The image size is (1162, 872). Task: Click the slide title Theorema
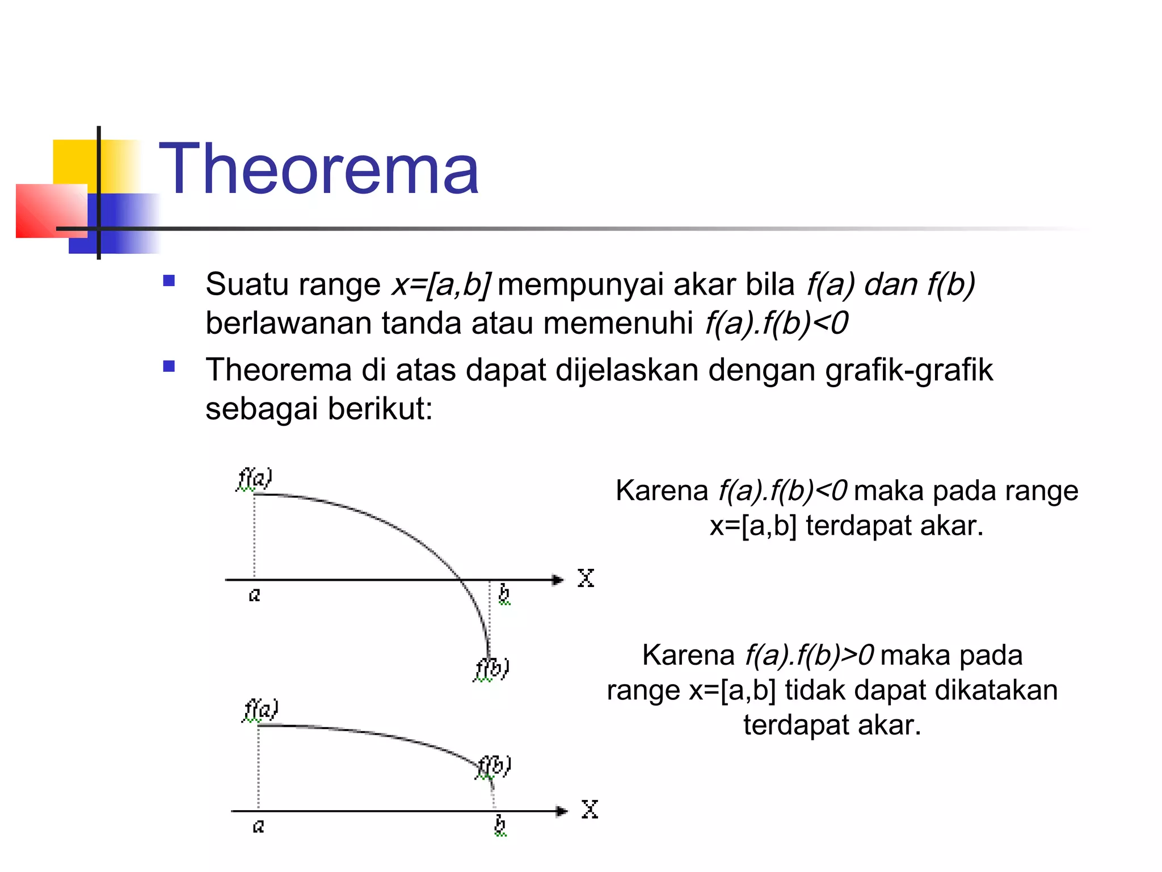point(319,169)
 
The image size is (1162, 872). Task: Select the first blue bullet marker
point(169,280)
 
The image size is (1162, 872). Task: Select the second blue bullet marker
point(169,366)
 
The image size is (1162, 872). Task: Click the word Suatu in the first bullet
point(246,284)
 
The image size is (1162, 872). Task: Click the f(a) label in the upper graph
point(255,479)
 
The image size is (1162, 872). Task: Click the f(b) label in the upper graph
point(492,668)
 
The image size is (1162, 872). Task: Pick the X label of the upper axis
point(586,578)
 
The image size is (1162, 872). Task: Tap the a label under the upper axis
point(255,595)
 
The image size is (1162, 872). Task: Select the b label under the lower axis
point(500,824)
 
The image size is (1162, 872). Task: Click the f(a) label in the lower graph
point(260,710)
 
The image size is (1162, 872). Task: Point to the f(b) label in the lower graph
point(494,766)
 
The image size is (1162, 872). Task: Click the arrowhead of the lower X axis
point(561,811)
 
